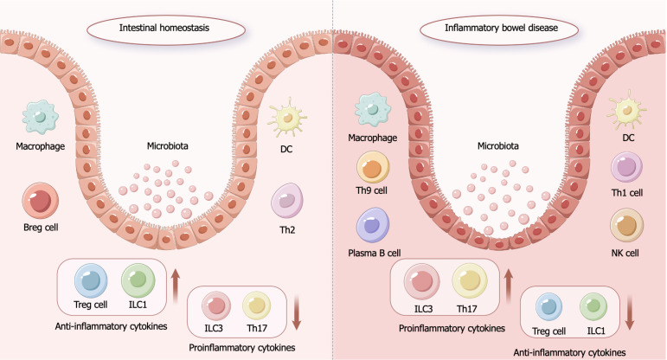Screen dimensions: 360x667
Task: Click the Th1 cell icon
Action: (625, 168)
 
